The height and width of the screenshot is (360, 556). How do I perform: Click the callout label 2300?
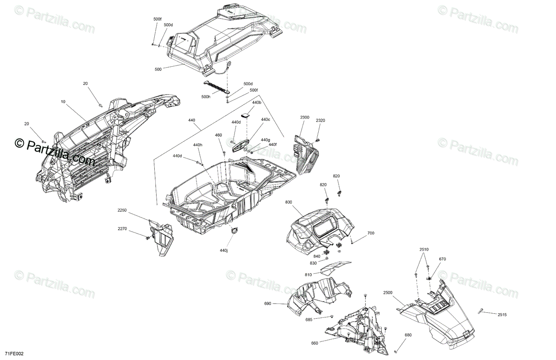click(304, 118)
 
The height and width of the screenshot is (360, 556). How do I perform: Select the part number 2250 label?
click(122, 210)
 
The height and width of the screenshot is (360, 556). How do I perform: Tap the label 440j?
click(224, 250)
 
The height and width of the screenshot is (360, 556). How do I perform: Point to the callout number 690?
click(268, 304)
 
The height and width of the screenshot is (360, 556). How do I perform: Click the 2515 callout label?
click(502, 315)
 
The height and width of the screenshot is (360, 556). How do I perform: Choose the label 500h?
click(206, 96)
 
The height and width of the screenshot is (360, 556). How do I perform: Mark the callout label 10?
click(63, 101)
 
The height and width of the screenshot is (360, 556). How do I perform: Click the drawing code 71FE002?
click(14, 354)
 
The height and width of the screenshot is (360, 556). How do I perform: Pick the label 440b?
click(257, 102)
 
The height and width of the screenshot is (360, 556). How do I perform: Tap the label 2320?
click(321, 120)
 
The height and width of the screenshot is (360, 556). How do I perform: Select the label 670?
click(442, 259)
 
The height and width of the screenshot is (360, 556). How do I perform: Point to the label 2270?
click(122, 228)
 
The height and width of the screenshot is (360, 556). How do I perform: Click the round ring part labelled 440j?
click(234, 230)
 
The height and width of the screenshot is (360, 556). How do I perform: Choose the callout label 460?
click(219, 135)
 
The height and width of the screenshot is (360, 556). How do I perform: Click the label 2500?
click(388, 293)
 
